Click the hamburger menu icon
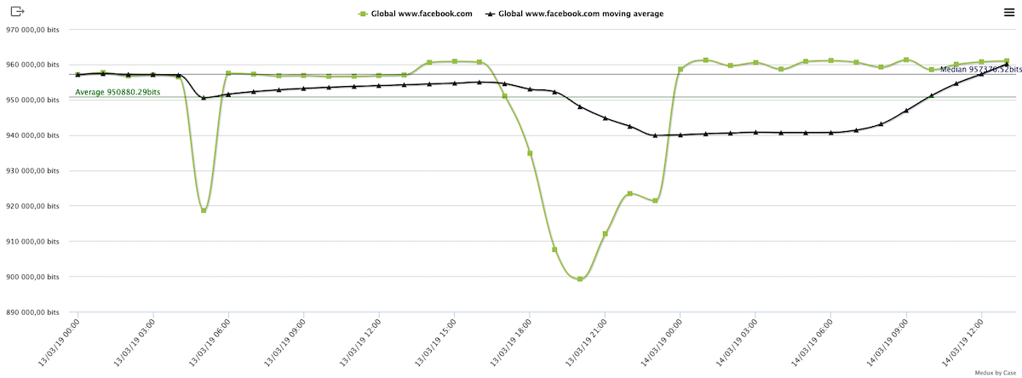pos(1008,12)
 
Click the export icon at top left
pos(18,12)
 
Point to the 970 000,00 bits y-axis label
pos(33,29)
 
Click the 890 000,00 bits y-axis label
pos(33,312)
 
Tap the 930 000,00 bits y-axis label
pos(33,170)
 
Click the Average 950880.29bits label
pos(118,92)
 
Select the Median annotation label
pos(979,70)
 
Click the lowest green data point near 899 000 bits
pos(580,279)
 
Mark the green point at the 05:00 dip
pos(204,210)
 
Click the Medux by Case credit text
pos(996,372)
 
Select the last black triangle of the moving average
pos(1007,65)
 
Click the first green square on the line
pos(78,75)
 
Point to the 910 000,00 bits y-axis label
pos(33,242)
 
